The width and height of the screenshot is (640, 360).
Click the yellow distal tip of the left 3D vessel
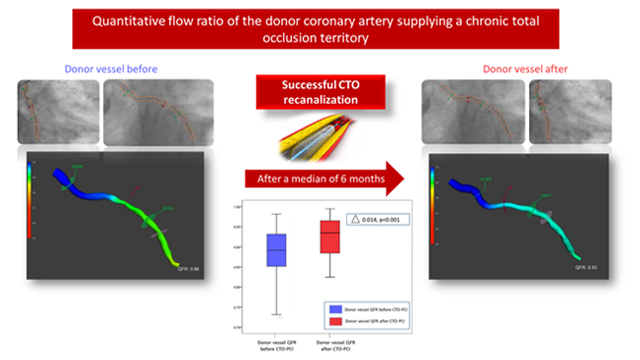pos(177,254)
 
